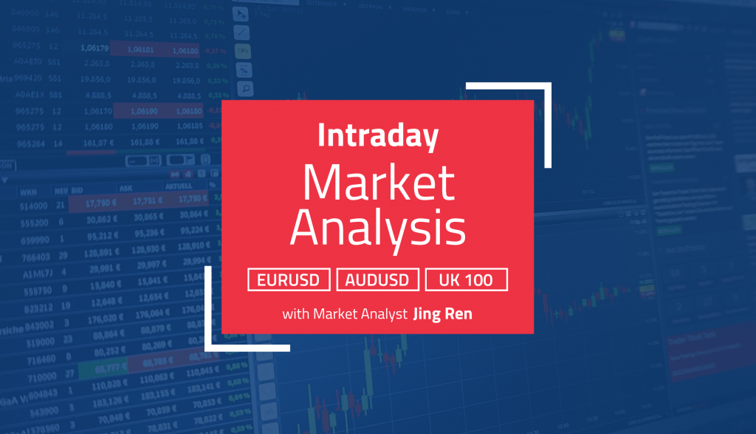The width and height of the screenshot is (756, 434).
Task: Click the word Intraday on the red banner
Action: pos(377,137)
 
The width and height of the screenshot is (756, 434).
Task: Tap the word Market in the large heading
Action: pos(377,183)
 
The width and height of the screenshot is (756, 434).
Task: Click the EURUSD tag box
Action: pos(289,279)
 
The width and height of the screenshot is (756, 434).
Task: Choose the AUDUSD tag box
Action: pos(377,279)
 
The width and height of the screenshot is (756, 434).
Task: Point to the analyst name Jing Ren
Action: pos(442,314)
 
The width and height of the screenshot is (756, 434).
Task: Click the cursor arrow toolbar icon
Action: pos(241,13)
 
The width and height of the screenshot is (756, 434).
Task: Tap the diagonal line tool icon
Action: pos(242,33)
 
